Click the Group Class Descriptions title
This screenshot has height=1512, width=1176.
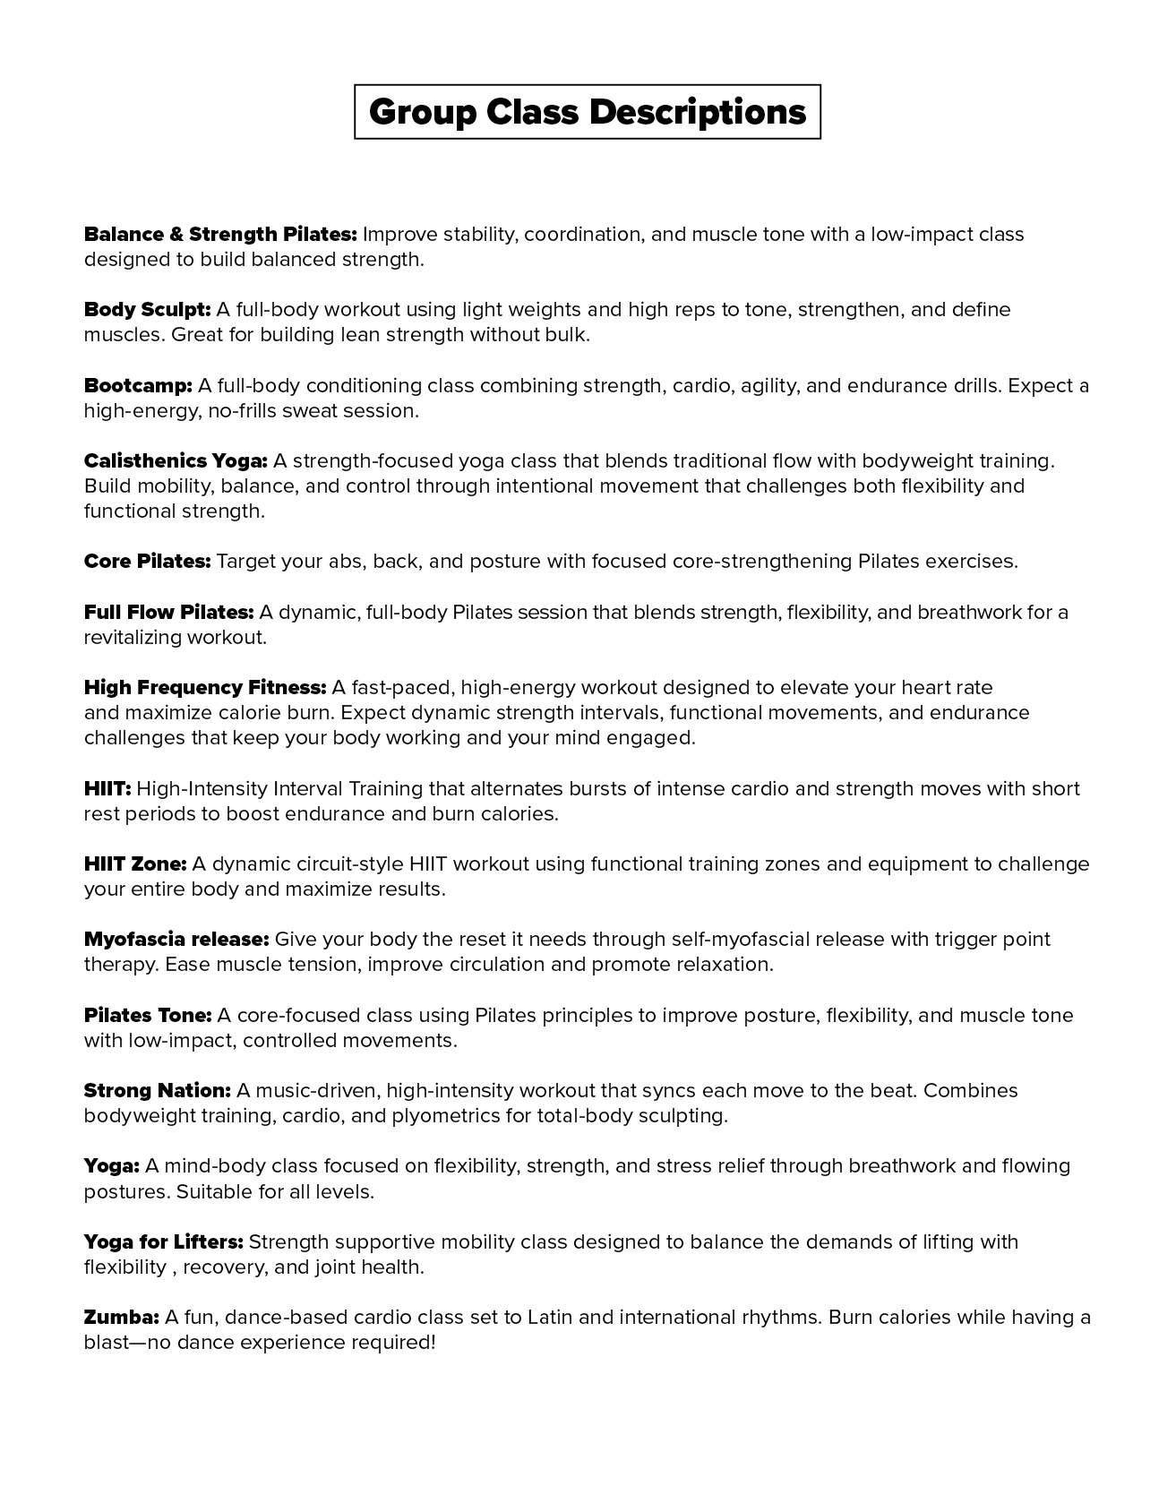pyautogui.click(x=588, y=112)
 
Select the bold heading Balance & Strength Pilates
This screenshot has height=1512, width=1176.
pyautogui.click(x=220, y=235)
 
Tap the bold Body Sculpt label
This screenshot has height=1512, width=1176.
pyautogui.click(x=147, y=310)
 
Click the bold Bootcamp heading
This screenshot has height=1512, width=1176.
pyautogui.click(x=138, y=386)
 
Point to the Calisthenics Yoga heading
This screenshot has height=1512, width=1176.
pyautogui.click(x=176, y=461)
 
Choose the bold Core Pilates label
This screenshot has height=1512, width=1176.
pyautogui.click(x=147, y=562)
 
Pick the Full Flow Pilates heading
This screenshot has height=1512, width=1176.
pyautogui.click(x=168, y=613)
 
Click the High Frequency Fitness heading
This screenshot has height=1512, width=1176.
pyautogui.click(x=205, y=688)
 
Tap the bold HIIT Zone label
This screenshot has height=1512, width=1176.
pyautogui.click(x=135, y=864)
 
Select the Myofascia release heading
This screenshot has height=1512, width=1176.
pyautogui.click(x=176, y=940)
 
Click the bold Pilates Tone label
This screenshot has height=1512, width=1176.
pyautogui.click(x=148, y=1016)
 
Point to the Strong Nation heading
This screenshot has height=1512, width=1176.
pyautogui.click(x=158, y=1091)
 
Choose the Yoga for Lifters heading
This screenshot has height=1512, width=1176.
pyautogui.click(x=164, y=1242)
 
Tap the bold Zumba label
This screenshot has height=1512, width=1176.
pyautogui.click(x=122, y=1318)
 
